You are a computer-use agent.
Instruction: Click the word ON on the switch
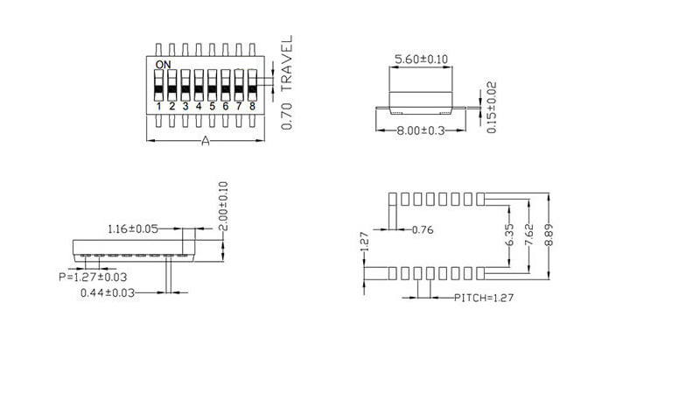click(163, 65)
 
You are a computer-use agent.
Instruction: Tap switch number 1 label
click(158, 107)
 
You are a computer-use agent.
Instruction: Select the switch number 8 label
click(252, 107)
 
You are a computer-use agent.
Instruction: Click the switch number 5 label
click(212, 107)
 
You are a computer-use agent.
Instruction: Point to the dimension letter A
click(206, 142)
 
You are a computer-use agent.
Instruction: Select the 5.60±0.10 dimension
click(422, 59)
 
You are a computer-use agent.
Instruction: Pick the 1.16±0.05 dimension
click(133, 229)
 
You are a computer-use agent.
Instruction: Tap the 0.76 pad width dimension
click(423, 230)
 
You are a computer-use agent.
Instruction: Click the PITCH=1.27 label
click(483, 298)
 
